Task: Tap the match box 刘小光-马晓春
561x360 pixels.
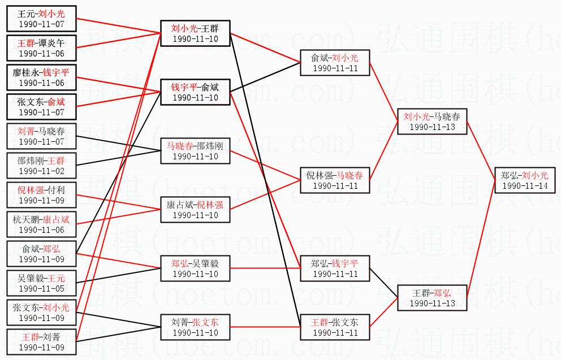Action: click(x=431, y=122)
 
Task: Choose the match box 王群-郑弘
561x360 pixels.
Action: click(x=431, y=298)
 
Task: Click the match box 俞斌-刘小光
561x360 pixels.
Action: click(x=334, y=63)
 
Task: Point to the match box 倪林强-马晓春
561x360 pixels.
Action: click(x=334, y=180)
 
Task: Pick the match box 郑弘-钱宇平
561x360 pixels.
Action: click(x=334, y=268)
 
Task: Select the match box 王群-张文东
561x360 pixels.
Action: click(x=334, y=327)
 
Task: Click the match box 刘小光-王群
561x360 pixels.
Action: click(x=195, y=33)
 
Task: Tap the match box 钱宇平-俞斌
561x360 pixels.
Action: click(x=195, y=92)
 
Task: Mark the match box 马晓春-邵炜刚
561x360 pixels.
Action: click(x=195, y=151)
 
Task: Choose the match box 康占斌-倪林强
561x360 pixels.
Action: click(x=195, y=210)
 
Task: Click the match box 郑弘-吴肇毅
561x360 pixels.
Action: click(x=195, y=268)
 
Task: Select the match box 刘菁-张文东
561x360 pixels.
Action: click(x=195, y=327)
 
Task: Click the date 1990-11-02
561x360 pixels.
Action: click(x=41, y=171)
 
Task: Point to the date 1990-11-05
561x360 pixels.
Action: click(x=41, y=288)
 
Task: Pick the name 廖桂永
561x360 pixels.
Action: click(x=28, y=73)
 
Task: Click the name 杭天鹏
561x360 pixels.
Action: click(x=28, y=220)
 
